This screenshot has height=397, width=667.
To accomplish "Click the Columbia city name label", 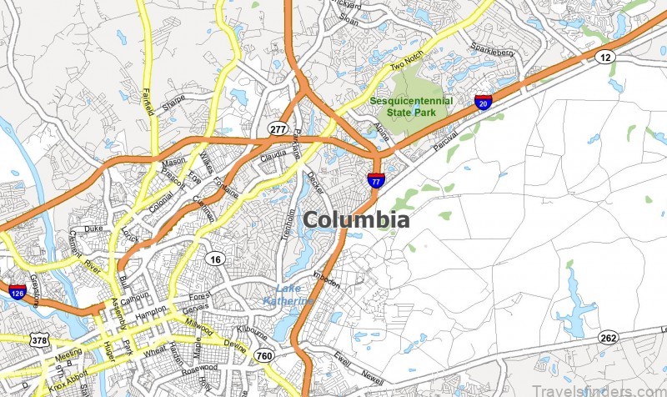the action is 356,220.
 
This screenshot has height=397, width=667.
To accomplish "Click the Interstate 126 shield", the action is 17,292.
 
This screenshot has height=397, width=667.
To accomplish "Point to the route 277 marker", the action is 278,128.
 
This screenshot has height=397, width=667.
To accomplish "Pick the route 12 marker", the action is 605,56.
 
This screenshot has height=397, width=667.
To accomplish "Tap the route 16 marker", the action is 217,259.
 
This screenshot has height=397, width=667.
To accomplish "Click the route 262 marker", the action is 608,338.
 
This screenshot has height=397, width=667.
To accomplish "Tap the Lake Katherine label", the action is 288,294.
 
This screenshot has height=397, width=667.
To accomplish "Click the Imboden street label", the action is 327,278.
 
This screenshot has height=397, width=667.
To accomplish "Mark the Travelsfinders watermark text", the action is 615,384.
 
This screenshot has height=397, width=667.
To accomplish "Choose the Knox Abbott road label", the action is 65,379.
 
